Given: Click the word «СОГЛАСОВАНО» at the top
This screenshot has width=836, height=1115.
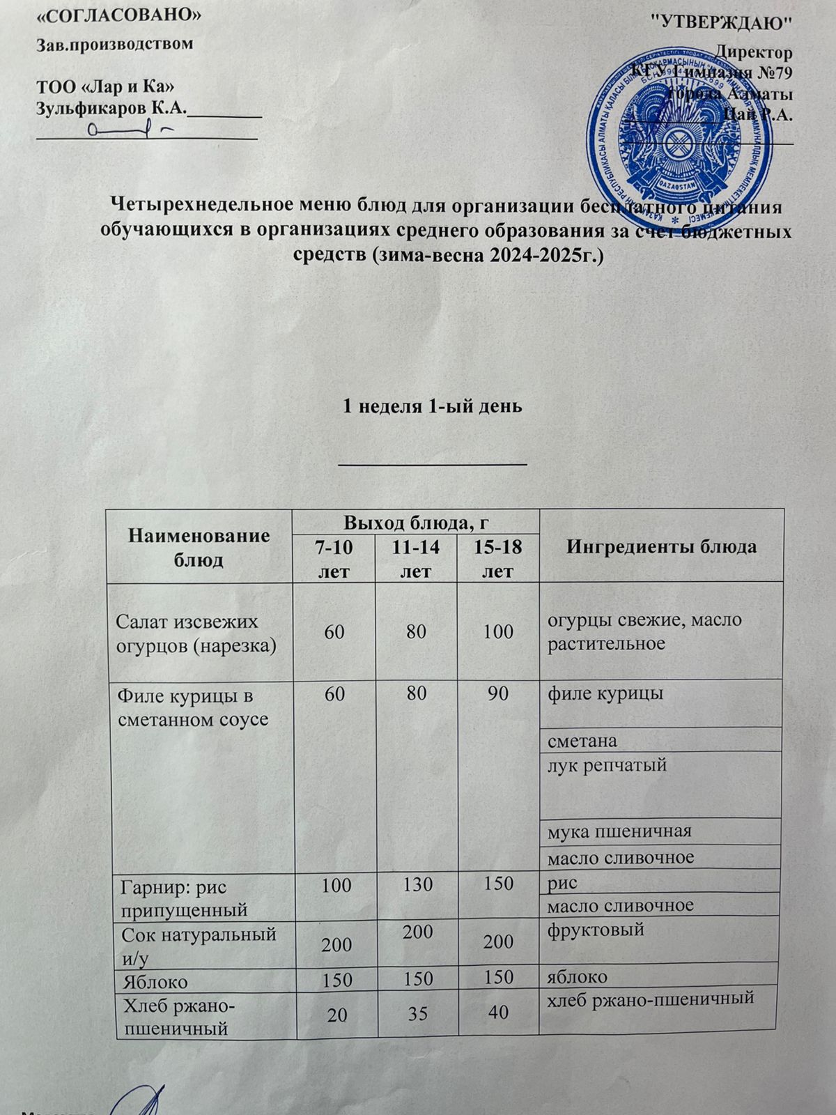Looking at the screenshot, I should (118, 15).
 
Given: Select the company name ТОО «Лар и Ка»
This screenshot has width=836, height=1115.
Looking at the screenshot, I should (104, 87).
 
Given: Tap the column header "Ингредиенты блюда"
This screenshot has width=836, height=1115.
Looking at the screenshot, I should (661, 546).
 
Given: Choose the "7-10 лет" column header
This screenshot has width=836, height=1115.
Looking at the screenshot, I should (334, 559).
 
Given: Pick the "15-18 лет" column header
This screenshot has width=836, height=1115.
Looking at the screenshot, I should (498, 559).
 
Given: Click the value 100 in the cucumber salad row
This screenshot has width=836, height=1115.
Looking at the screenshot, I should (498, 631).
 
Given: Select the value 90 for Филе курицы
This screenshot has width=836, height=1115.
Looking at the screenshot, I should (498, 694).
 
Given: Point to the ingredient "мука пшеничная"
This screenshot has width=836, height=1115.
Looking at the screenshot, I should (619, 831).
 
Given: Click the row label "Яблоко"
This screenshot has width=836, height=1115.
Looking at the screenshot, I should (155, 982).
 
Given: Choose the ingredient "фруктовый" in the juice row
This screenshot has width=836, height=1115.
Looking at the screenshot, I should (596, 929).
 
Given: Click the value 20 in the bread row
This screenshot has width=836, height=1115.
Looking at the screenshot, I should (337, 1015).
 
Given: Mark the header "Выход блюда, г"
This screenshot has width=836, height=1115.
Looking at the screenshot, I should (416, 521).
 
